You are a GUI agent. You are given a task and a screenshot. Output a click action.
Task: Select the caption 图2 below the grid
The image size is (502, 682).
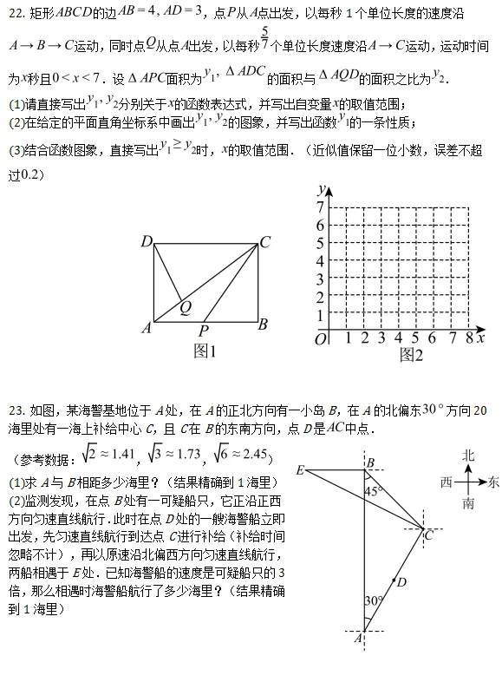point(411,354)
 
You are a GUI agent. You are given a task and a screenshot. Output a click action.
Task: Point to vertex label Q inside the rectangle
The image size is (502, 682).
point(186,305)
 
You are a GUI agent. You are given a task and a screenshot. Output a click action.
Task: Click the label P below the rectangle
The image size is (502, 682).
point(203,331)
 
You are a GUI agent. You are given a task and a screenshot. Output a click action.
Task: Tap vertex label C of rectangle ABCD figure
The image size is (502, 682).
point(265,242)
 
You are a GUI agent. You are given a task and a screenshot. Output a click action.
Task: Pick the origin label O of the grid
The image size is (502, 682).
point(321,339)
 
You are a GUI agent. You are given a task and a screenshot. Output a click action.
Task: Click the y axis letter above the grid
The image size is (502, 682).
point(322,188)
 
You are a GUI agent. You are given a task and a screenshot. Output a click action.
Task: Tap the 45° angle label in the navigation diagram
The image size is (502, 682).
point(373,491)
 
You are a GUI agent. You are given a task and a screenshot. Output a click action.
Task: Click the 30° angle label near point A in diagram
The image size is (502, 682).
point(373,600)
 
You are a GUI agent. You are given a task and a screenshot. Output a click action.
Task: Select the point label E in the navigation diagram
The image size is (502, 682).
point(300,470)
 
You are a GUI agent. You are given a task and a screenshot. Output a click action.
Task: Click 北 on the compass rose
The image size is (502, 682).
point(468,455)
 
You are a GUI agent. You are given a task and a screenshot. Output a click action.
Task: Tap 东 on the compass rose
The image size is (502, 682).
point(493,480)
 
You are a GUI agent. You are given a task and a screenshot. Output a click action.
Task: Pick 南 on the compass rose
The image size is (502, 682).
point(468,503)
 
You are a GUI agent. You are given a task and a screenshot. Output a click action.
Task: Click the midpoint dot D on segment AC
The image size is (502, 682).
point(394,580)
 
